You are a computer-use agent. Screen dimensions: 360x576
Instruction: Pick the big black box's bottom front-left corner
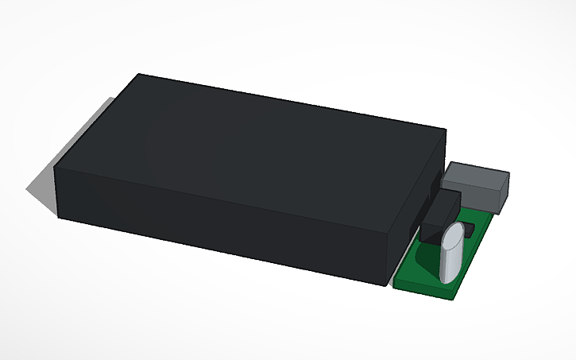(x=59, y=216)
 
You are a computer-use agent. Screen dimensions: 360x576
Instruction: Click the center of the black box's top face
(x=250, y=151)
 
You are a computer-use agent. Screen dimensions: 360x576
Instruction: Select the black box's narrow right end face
(x=417, y=207)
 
